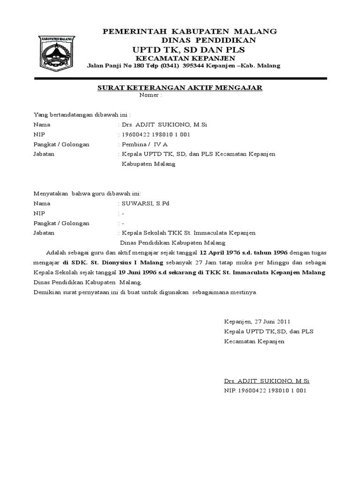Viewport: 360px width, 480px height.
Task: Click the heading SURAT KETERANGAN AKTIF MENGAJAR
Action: [x=180, y=88]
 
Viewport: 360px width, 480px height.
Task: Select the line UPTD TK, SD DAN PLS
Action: [x=188, y=49]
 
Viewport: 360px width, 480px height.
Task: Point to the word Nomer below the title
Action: [x=150, y=95]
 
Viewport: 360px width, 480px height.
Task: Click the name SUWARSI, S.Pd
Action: [x=145, y=204]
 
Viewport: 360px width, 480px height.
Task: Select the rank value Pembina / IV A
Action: [x=145, y=144]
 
